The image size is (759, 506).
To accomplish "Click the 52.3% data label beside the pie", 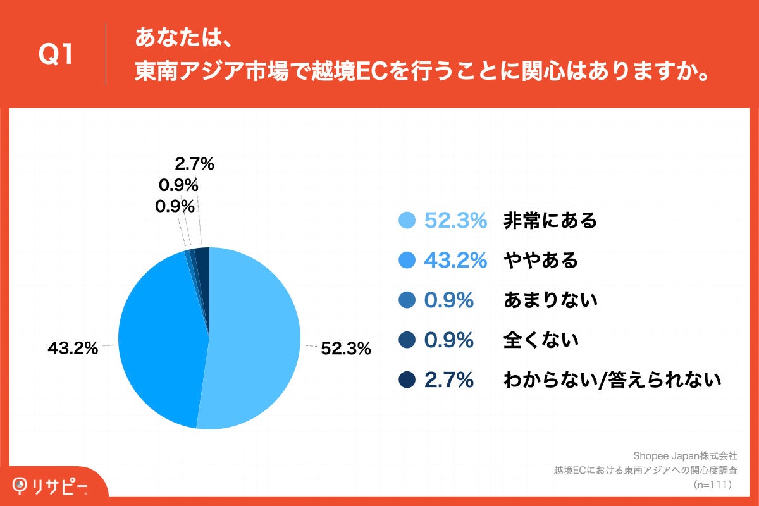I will (345, 349).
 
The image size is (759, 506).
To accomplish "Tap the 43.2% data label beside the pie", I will (73, 348).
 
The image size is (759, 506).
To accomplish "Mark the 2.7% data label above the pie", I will (194, 164).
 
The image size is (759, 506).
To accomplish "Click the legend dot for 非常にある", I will (407, 220).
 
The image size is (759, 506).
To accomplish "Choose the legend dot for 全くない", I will (407, 340).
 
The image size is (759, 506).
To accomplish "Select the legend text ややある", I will (541, 260).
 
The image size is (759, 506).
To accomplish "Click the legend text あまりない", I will (550, 300).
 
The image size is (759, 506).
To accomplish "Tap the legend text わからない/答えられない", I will (612, 380).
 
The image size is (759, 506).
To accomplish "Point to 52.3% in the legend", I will (455, 220).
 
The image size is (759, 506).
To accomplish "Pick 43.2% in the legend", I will (455, 260).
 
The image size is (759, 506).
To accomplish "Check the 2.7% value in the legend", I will (449, 380).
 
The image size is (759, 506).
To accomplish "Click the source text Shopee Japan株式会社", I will (685, 455).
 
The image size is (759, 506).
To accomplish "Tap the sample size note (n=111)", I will (713, 484).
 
